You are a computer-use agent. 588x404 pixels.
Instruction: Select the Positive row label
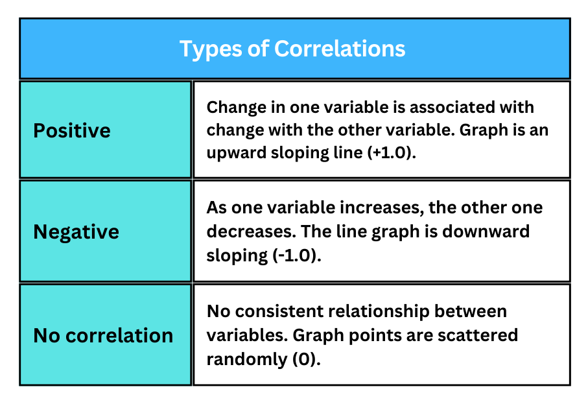[72, 130]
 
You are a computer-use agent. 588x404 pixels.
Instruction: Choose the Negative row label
[76, 232]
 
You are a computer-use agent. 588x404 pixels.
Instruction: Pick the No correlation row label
[103, 335]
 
